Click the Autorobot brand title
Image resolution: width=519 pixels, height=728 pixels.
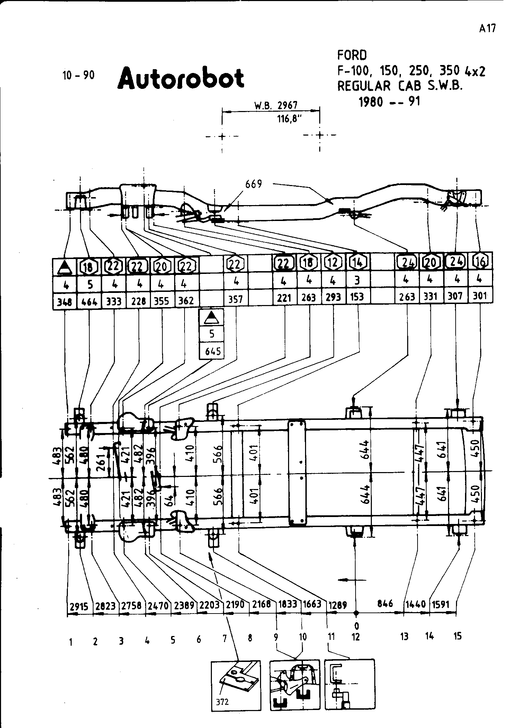point(181,78)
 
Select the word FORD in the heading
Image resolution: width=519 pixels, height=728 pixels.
point(352,55)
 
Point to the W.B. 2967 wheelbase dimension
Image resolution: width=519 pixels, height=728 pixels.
point(276,105)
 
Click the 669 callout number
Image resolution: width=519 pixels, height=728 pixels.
point(254,184)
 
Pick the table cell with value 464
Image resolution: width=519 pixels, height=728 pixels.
point(89,301)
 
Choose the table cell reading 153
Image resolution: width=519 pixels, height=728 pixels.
point(357,297)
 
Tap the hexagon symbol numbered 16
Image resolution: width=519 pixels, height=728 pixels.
point(480,262)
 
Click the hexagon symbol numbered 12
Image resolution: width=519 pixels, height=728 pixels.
point(333,262)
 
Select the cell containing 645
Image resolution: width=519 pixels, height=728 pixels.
point(212,351)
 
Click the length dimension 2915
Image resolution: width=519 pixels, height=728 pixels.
point(80,607)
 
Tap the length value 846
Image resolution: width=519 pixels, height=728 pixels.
point(385,603)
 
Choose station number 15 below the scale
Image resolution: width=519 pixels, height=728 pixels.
point(457,636)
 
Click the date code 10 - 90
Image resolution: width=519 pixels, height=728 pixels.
point(78,75)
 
